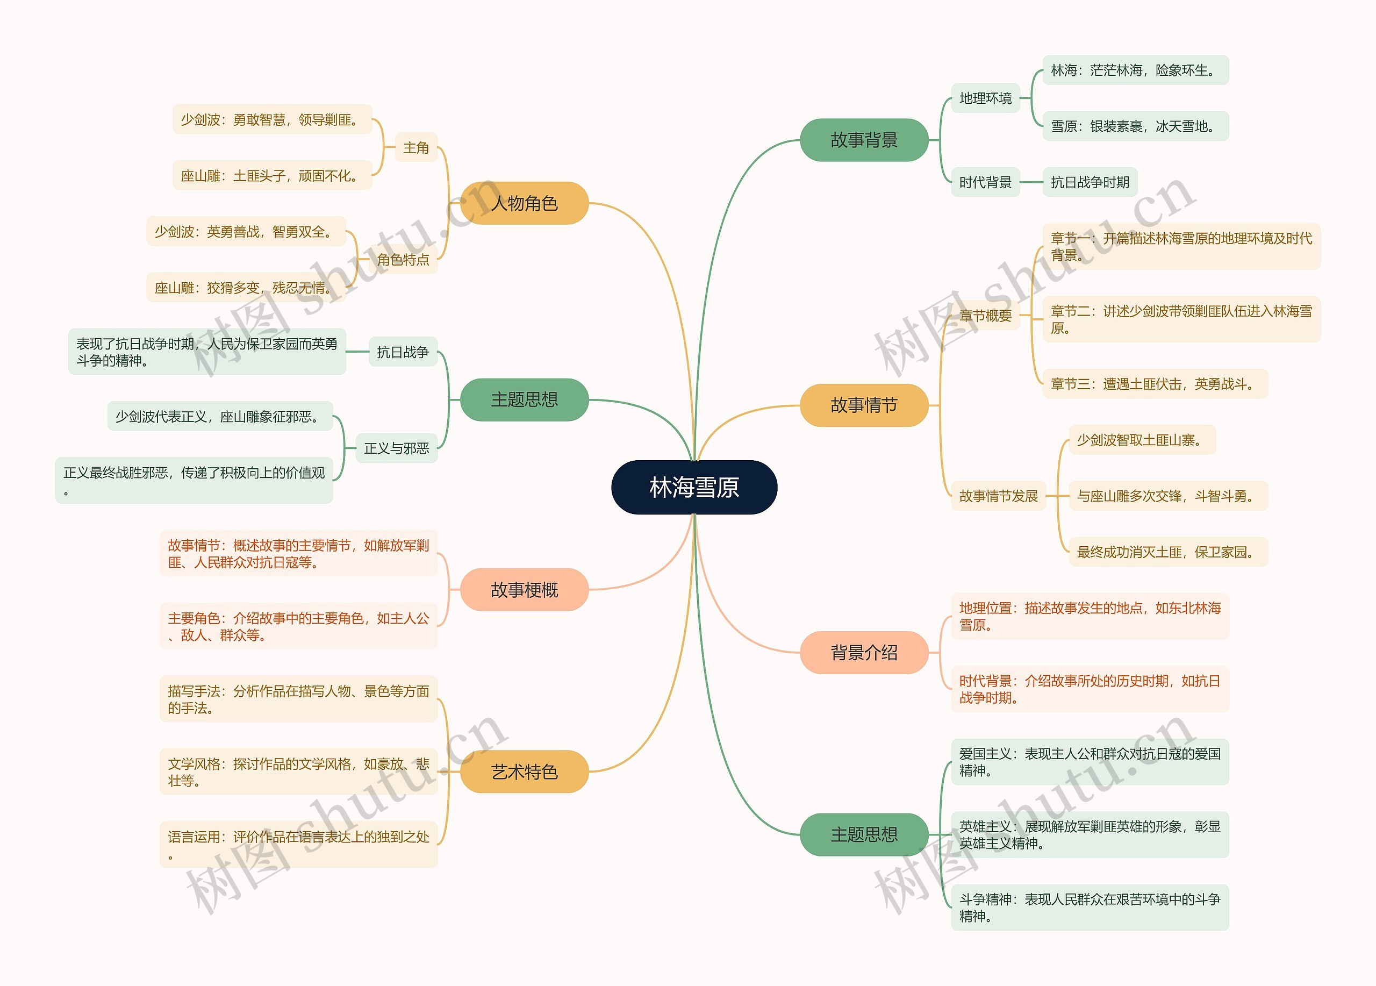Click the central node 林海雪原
694,487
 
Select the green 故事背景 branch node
864,140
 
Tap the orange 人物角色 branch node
524,203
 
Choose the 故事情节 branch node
864,405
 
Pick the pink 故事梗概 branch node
524,589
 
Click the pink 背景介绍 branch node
864,652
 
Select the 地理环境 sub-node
985,98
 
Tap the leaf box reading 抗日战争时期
1090,182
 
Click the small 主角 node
416,147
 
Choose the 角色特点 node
403,260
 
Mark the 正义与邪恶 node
396,448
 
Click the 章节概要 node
985,316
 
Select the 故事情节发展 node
998,496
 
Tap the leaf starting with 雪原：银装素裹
1135,126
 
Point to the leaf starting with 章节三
1155,384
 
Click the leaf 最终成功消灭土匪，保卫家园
1168,552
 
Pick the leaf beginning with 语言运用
298,845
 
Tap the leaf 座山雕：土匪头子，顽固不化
272,176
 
